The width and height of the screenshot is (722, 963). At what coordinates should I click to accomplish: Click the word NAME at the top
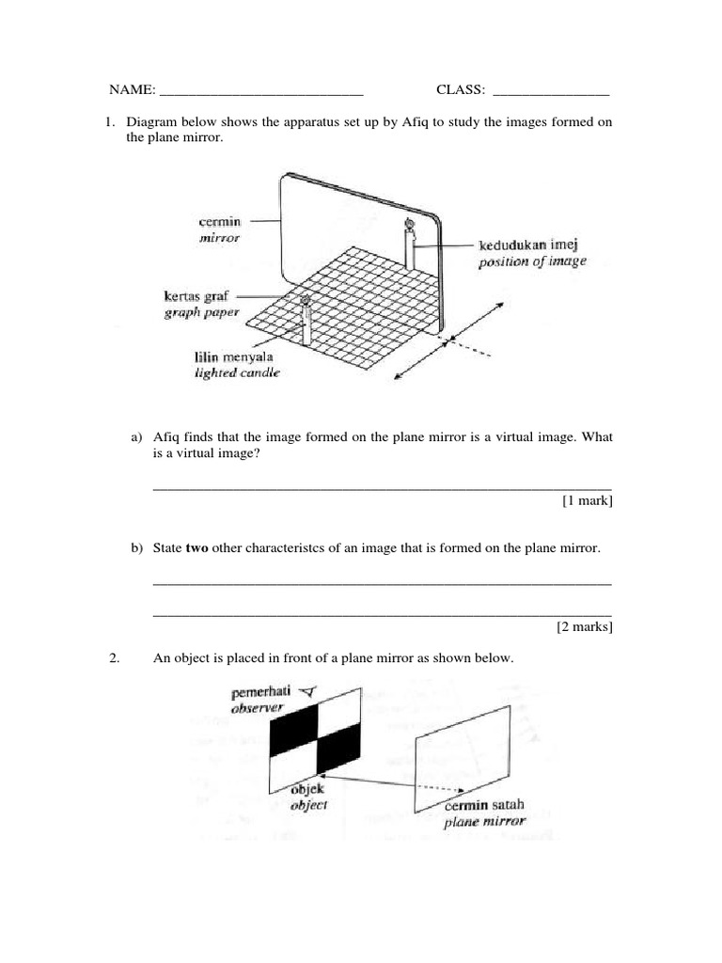click(x=132, y=89)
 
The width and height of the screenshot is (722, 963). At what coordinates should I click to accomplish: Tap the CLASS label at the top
click(x=461, y=89)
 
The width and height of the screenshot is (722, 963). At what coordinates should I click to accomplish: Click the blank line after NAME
click(x=261, y=92)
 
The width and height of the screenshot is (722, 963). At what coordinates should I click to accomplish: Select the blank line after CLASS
click(x=551, y=92)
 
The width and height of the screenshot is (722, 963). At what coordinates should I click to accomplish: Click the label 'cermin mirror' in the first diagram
click(x=220, y=229)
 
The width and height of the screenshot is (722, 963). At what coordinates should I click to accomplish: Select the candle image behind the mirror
click(x=409, y=245)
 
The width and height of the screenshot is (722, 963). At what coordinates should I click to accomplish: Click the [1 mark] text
click(x=587, y=501)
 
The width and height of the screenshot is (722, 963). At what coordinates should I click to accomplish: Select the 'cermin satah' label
click(x=484, y=805)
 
